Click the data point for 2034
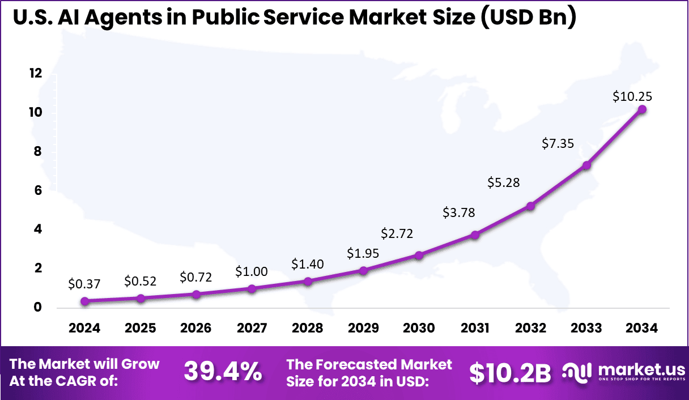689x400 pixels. click(x=642, y=109)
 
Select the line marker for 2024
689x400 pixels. click(x=84, y=301)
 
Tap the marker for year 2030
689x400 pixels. click(x=419, y=256)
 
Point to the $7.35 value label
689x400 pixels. click(x=558, y=143)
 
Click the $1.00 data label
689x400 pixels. click(x=252, y=272)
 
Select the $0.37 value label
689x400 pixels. click(x=84, y=283)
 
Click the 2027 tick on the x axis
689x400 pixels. click(x=252, y=328)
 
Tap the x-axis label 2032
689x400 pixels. click(x=530, y=328)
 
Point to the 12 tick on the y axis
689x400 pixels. click(x=36, y=73)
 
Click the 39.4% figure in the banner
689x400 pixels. click(x=223, y=372)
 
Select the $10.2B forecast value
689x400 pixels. click(x=510, y=372)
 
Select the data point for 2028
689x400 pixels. click(x=308, y=282)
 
